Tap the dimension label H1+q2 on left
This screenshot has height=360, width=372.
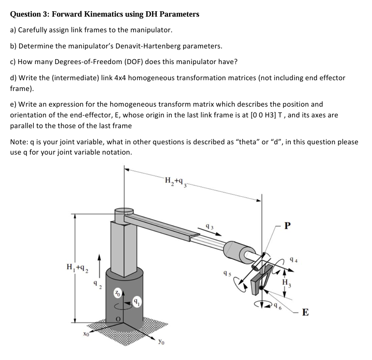pyautogui.click(x=76, y=268)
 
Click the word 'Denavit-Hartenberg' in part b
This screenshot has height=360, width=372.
pyautogui.click(x=151, y=46)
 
